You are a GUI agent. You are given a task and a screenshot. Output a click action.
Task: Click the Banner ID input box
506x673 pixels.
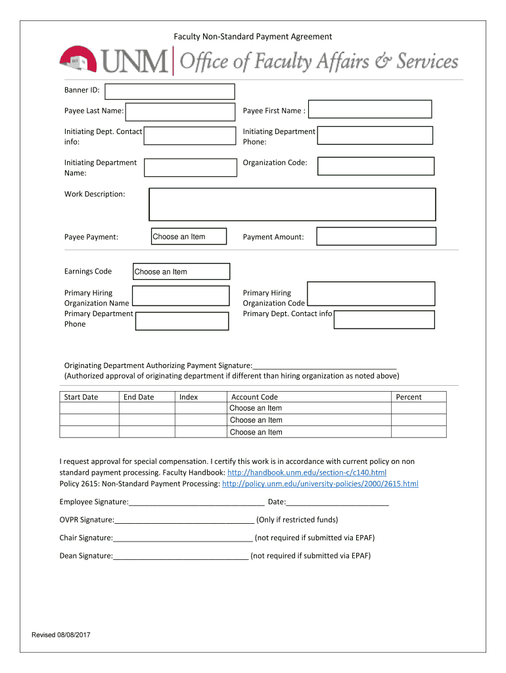coord(170,92)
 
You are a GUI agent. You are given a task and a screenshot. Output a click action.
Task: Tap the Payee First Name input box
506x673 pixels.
coord(370,109)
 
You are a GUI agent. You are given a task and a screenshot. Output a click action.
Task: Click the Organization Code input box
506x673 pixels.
coord(376,166)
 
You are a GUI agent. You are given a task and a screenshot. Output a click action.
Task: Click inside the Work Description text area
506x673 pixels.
coord(292,204)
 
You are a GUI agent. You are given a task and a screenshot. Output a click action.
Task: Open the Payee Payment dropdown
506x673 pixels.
coord(189,237)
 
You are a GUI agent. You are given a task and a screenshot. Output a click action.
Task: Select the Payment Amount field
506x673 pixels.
coord(376,237)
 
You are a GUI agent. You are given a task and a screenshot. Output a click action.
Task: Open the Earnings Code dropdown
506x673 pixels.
coord(181,271)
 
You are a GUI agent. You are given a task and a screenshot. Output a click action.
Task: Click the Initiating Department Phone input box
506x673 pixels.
coord(375,135)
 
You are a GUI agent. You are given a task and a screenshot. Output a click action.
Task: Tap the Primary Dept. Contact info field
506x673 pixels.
coord(384,319)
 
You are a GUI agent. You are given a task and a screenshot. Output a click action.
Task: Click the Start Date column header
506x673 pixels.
coord(81,397)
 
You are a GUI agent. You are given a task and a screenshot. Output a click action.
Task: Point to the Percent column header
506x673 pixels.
coord(409,397)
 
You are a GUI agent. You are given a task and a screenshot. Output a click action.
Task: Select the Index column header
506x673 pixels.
coord(189,397)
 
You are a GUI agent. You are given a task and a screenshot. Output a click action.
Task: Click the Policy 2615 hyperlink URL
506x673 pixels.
coord(320,484)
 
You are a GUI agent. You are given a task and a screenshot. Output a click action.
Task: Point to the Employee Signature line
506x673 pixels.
coord(196,502)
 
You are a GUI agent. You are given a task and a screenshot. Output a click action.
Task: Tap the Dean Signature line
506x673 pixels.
coord(181,555)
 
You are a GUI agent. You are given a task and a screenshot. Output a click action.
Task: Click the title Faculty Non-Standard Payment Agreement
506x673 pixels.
coord(252,37)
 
